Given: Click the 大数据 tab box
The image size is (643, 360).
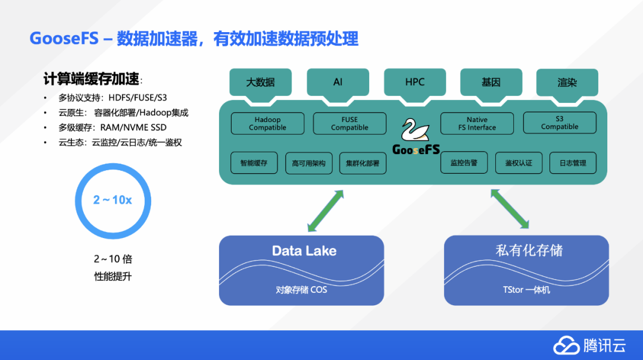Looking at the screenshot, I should click(x=261, y=82).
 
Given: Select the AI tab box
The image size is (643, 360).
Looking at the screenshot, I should click(x=338, y=82).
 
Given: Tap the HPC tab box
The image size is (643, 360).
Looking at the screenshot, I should click(x=414, y=82).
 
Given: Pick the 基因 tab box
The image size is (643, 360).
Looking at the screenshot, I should click(x=491, y=82).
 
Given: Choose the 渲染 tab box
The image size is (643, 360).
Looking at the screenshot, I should click(x=567, y=82).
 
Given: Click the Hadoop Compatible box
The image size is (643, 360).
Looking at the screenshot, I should click(x=267, y=124).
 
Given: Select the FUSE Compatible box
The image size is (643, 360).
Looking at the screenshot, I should click(x=349, y=124).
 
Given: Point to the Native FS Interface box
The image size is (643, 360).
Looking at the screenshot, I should click(x=477, y=124).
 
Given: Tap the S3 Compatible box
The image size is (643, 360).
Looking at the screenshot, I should click(x=560, y=123).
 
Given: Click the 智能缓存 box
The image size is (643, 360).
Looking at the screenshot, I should click(x=254, y=163).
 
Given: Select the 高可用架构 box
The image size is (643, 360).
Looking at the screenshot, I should click(x=309, y=163).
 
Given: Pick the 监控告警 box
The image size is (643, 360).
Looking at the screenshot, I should click(x=464, y=162).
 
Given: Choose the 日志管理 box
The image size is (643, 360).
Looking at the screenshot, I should click(x=573, y=163).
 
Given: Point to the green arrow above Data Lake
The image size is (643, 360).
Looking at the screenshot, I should click(x=326, y=211).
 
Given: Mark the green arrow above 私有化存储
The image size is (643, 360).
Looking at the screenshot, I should click(x=510, y=209).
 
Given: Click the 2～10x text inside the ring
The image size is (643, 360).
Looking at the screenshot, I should click(x=113, y=200).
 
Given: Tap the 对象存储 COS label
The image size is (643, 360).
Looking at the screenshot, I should click(x=301, y=290).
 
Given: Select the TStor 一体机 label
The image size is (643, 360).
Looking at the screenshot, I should click(x=526, y=290).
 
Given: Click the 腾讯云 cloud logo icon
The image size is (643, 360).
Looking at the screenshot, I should click(x=566, y=345).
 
